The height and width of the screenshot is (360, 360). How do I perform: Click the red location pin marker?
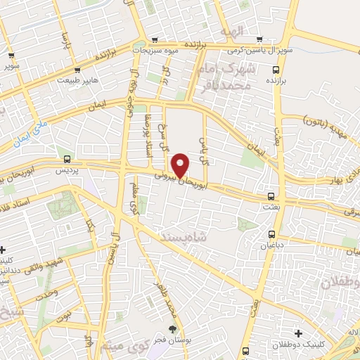click(181, 166)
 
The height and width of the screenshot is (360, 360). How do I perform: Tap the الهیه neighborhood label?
click(230, 32)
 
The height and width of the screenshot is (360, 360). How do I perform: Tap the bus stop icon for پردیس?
click(67, 159)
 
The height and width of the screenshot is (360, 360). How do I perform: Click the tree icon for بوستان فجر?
click(173, 328)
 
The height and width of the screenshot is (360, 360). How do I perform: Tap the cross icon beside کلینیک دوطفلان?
click(298, 333)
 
